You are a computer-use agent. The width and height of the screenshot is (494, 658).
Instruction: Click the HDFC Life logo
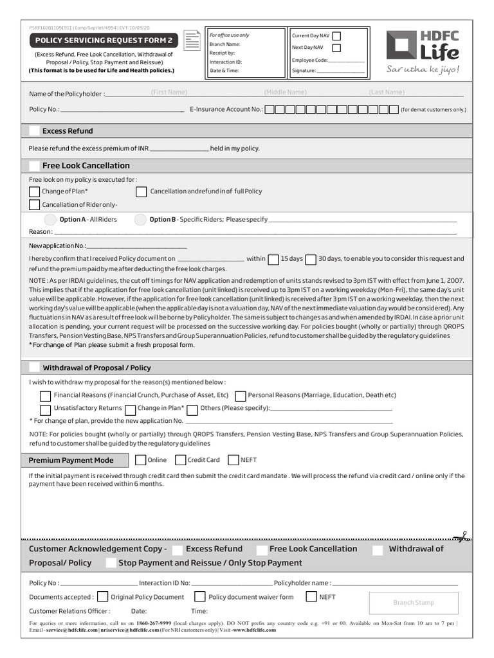click(x=423, y=51)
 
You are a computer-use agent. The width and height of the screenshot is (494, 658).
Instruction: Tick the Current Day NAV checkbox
click(x=336, y=36)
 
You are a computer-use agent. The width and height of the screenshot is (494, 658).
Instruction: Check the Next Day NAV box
click(x=336, y=48)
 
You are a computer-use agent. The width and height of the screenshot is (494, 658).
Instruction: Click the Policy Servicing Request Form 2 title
click(x=104, y=40)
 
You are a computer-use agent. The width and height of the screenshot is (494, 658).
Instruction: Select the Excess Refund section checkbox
click(x=34, y=131)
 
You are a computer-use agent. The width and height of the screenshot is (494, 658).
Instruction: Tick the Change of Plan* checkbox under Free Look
click(x=34, y=191)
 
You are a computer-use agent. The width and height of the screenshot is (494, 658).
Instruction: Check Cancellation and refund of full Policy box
click(x=142, y=191)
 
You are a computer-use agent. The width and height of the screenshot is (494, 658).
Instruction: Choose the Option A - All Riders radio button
click(x=50, y=220)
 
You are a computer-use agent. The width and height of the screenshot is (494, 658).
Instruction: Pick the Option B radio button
click(x=140, y=220)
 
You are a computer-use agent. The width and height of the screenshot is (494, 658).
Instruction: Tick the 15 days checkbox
click(x=273, y=260)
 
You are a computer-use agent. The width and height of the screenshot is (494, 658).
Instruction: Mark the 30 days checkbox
click(x=311, y=260)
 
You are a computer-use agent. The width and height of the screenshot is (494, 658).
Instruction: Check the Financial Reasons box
click(x=45, y=396)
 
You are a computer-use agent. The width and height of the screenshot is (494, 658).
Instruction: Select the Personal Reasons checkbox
click(x=241, y=396)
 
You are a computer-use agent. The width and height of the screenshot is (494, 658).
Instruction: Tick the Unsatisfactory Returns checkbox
click(x=45, y=409)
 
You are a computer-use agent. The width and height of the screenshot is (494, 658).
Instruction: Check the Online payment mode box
click(x=140, y=460)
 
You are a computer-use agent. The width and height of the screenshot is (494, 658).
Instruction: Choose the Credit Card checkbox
click(x=181, y=460)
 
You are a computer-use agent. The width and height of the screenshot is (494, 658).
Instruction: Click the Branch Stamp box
click(x=413, y=603)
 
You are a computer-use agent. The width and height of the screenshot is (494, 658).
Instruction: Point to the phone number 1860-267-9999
click(x=154, y=623)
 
